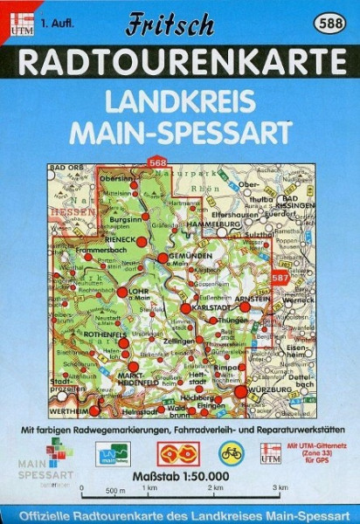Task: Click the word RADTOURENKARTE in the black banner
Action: tap(180, 63)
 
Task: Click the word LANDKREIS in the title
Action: tap(179, 101)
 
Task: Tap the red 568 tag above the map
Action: tap(157, 162)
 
